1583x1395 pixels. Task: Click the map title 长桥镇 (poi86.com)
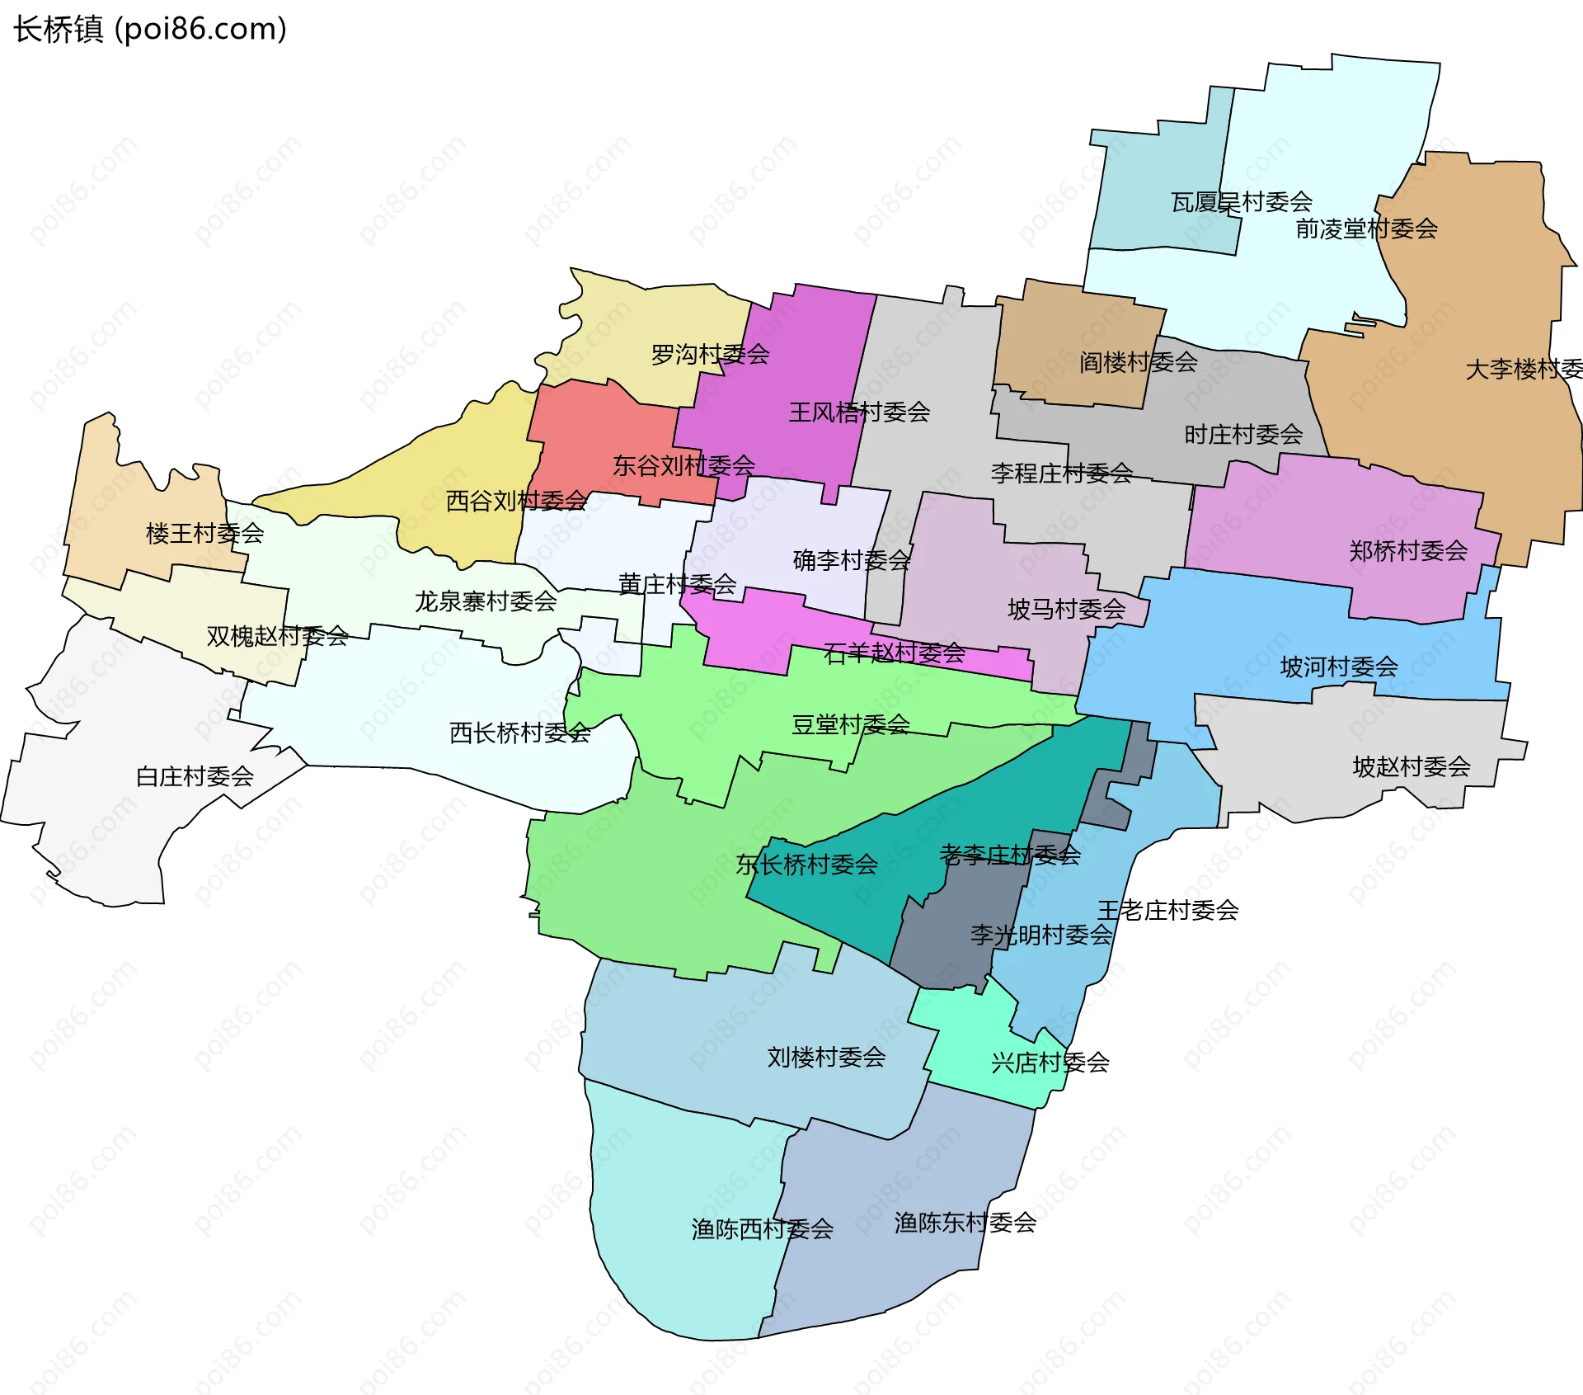point(150,30)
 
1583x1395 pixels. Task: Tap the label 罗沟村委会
point(710,355)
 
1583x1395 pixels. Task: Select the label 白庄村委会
point(195,776)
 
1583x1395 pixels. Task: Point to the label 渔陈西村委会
point(762,1229)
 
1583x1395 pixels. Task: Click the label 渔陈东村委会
point(965,1223)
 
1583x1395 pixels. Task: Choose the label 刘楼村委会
point(826,1057)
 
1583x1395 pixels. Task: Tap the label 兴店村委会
point(1050,1063)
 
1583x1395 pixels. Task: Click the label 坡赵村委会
point(1412,767)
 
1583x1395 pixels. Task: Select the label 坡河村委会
point(1339,667)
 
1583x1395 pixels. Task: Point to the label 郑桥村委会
point(1408,550)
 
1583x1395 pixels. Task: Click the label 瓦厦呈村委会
point(1242,201)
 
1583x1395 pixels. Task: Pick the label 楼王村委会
point(204,534)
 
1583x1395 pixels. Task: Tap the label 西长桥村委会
point(519,733)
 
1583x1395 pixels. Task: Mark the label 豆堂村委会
point(851,724)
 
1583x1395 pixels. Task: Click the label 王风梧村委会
point(859,412)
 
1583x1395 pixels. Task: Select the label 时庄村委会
point(1243,434)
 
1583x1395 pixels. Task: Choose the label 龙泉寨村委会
point(486,601)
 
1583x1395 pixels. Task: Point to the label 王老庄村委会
point(1167,910)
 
